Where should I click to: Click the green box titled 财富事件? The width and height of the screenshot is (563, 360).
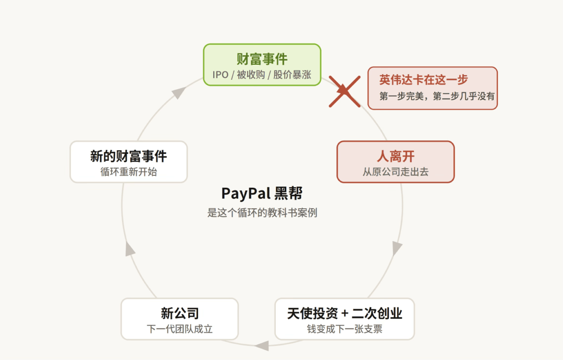pyautogui.click(x=262, y=65)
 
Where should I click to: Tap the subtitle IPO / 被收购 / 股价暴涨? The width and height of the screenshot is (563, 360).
pyautogui.click(x=262, y=75)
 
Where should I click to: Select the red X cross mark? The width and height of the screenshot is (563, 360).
pyautogui.click(x=345, y=91)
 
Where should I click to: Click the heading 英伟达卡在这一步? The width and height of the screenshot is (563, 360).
pyautogui.click(x=423, y=79)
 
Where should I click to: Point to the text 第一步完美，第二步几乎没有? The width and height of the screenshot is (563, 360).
pyautogui.click(x=437, y=96)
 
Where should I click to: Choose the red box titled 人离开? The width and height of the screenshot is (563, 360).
pyautogui.click(x=396, y=162)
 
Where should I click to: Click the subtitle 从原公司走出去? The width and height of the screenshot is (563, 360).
pyautogui.click(x=396, y=172)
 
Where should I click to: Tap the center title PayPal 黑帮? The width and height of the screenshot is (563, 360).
pyautogui.click(x=262, y=193)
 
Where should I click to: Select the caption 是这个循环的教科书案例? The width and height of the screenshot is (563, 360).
pyautogui.click(x=262, y=213)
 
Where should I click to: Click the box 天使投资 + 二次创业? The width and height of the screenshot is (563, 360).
pyautogui.click(x=345, y=319)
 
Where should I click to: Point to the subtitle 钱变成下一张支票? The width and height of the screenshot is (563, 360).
pyautogui.click(x=345, y=329)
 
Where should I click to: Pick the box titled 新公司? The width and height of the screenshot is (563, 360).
pyautogui.click(x=179, y=319)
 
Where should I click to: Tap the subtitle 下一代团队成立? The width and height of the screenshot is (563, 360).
pyautogui.click(x=179, y=329)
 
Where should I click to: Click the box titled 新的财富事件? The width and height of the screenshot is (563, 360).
pyautogui.click(x=129, y=162)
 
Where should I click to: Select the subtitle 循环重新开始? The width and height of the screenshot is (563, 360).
pyautogui.click(x=129, y=172)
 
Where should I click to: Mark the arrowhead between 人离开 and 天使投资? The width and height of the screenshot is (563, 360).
pyautogui.click(x=396, y=248)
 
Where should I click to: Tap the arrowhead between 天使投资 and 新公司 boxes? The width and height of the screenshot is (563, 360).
pyautogui.click(x=262, y=345)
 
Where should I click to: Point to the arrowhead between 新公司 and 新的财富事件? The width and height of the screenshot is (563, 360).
pyautogui.click(x=130, y=249)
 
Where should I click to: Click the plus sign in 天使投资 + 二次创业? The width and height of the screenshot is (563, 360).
pyautogui.click(x=345, y=314)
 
